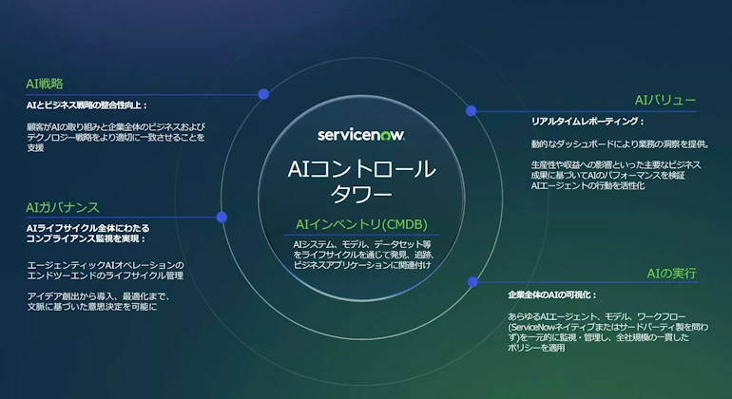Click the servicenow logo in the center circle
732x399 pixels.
pos(361,135)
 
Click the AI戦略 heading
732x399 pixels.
pos(45,84)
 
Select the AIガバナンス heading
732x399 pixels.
pos(63,208)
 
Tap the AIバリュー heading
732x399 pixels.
pos(665,101)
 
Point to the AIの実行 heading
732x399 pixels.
pos(671,274)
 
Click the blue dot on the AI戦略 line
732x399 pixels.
pos(263,94)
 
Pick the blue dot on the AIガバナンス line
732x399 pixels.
pos(222,217)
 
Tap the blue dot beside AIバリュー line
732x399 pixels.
pos(471,110)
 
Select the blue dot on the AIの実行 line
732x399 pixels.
pos(472,282)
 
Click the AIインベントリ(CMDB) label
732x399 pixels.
pos(362,224)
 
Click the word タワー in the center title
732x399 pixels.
pos(362,194)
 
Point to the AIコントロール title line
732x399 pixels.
pos(362,169)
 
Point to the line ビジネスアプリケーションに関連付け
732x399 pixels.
pos(362,265)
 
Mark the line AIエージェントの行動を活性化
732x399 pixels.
pos(588,186)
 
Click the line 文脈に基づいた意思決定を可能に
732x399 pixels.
pos(92,307)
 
